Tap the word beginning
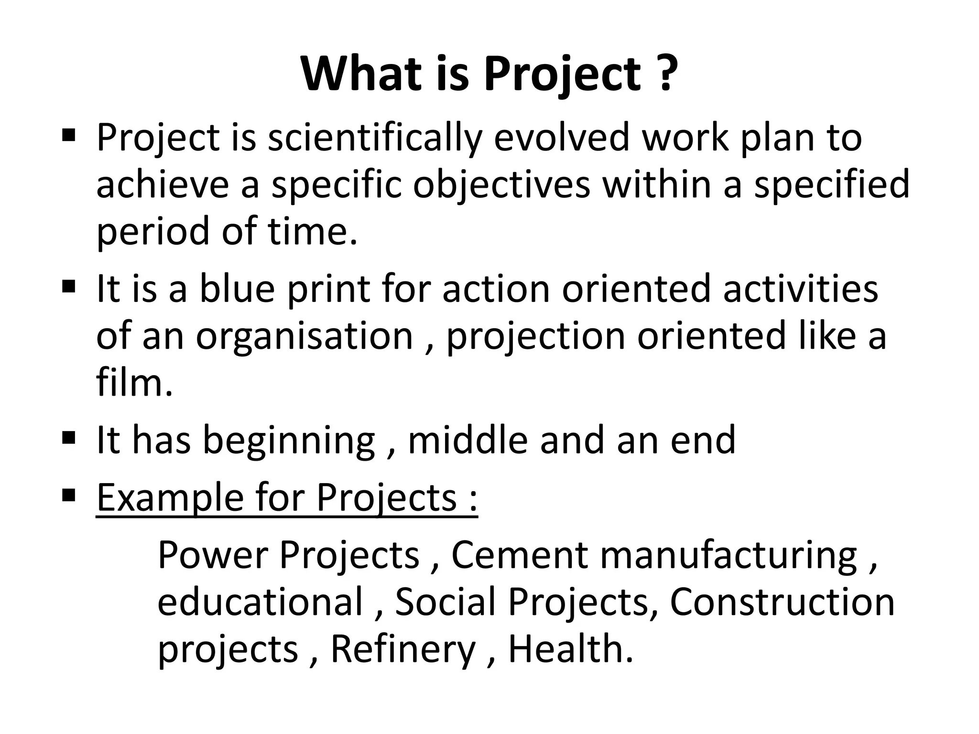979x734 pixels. click(289, 441)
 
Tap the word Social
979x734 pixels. click(445, 602)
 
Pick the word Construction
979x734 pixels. click(782, 602)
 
